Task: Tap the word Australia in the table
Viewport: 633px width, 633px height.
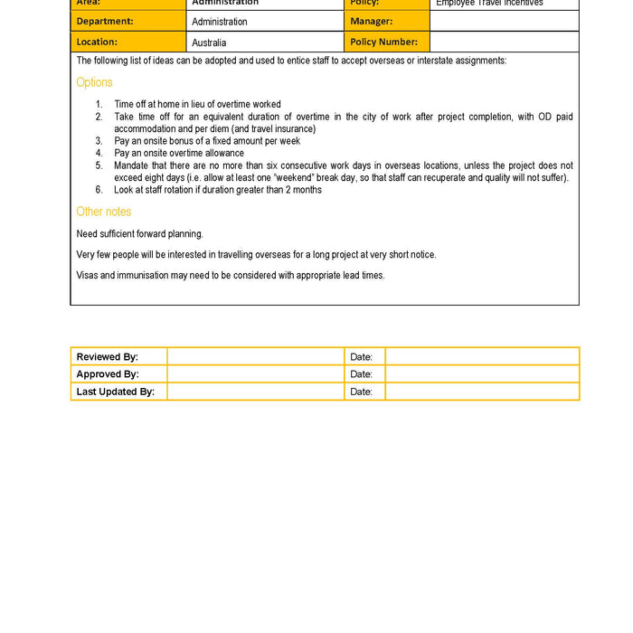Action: point(209,43)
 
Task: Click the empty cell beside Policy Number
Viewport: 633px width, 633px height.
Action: point(504,42)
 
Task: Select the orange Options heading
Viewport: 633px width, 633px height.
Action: point(94,82)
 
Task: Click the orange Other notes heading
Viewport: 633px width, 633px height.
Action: point(103,212)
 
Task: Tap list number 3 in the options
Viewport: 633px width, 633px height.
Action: point(99,141)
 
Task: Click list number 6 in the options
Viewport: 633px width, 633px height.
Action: point(99,190)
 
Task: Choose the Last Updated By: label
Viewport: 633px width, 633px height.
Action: point(115,392)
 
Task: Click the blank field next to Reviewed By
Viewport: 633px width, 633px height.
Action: point(255,356)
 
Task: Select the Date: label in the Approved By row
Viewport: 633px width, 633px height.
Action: point(361,374)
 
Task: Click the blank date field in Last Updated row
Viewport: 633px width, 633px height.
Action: point(481,392)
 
